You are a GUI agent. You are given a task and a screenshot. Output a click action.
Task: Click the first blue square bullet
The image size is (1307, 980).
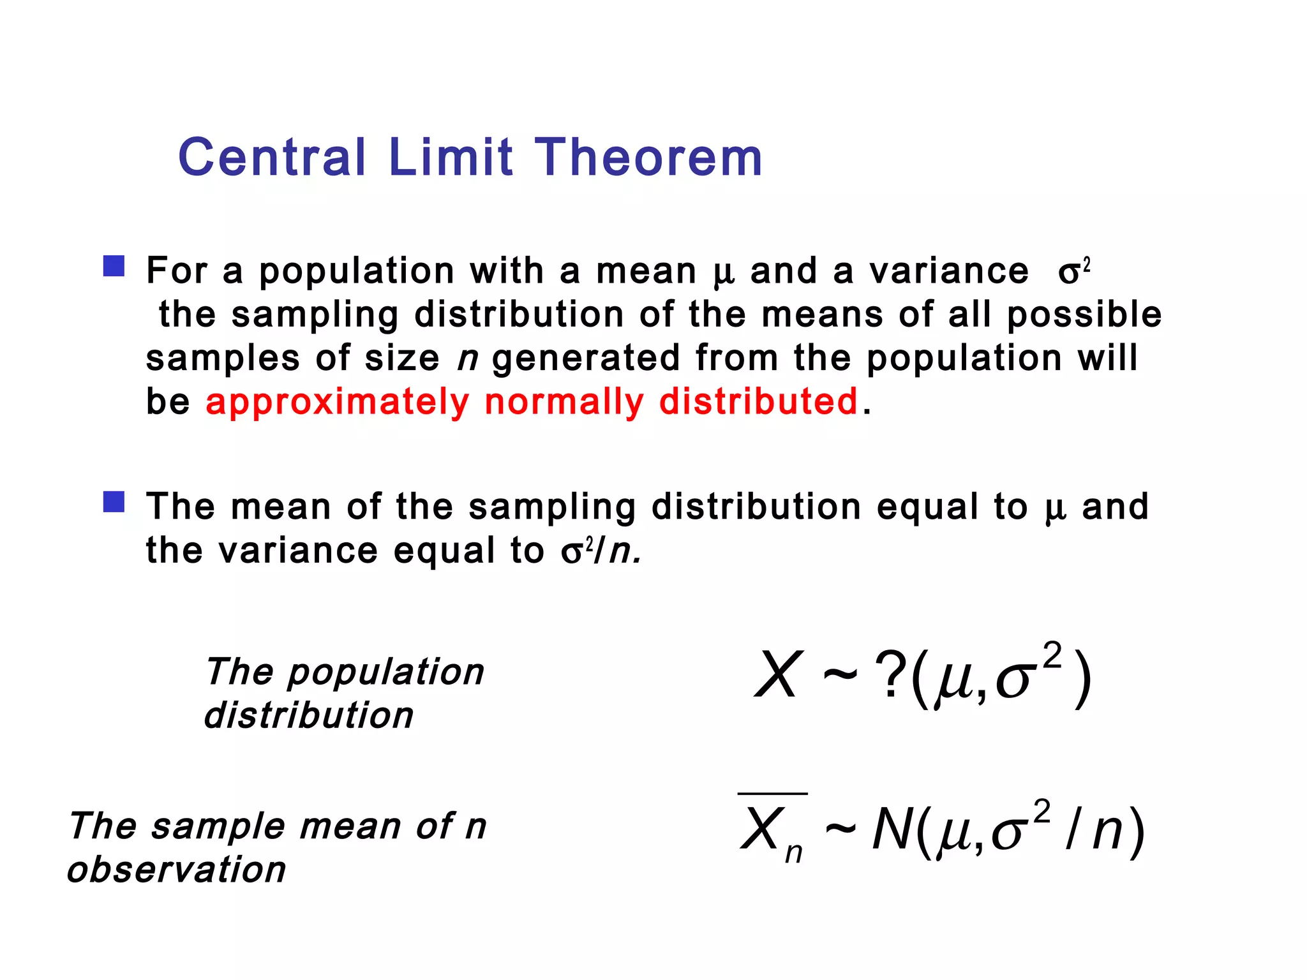[114, 266]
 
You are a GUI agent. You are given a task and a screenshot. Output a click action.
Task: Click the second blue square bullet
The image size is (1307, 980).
[114, 501]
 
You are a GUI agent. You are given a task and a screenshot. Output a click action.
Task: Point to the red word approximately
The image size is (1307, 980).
[337, 402]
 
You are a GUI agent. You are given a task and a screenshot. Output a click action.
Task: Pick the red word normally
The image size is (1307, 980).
[564, 402]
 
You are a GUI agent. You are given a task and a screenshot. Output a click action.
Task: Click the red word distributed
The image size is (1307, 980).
[758, 402]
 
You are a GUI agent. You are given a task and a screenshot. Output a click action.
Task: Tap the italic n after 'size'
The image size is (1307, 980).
[468, 359]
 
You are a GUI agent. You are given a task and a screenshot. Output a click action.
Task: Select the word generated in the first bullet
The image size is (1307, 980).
[586, 359]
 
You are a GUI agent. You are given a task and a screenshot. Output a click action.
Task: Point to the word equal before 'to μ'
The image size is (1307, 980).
[927, 507]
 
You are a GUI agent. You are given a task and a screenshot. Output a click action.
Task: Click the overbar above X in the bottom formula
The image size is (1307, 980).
[772, 794]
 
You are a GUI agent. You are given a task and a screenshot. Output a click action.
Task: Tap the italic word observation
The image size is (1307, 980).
[177, 870]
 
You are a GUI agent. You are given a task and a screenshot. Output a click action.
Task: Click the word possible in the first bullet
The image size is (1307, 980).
[1084, 315]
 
